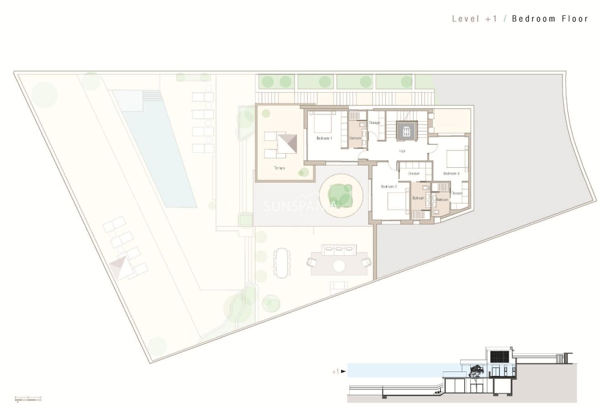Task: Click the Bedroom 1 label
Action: tap(324, 138)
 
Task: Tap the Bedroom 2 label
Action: tap(389, 186)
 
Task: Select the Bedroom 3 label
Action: tap(451, 174)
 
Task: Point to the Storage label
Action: tap(374, 123)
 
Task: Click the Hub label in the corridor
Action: tap(402, 151)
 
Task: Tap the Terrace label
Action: tap(279, 168)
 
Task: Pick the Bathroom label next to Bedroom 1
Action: tap(355, 138)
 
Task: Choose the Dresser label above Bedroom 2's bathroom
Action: tap(414, 174)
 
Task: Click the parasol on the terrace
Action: tap(287, 144)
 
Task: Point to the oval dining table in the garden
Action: tap(283, 263)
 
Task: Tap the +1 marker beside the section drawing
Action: tap(336, 372)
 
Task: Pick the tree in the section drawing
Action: tap(477, 372)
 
